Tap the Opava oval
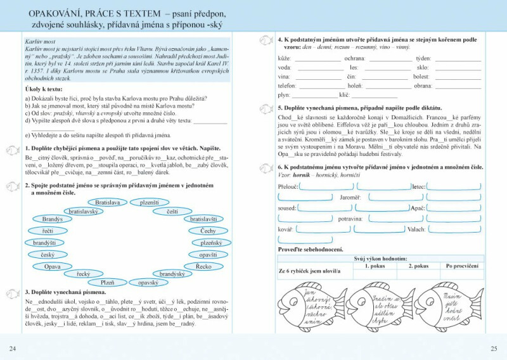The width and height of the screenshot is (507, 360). (53, 267)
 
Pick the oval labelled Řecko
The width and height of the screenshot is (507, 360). (203, 267)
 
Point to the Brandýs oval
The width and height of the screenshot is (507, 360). (53, 219)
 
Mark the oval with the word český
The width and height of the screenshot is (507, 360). (48, 255)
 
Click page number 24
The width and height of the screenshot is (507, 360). (13, 349)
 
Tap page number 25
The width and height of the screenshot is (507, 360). (494, 349)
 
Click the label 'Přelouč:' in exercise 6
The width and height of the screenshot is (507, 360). (288, 187)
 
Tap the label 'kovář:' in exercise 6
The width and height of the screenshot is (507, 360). (285, 229)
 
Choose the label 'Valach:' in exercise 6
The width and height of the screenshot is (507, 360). (416, 229)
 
